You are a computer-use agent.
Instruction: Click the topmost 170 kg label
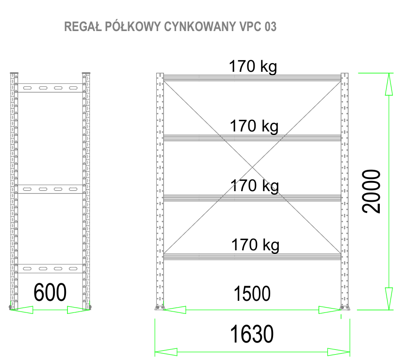pyautogui.click(x=253, y=66)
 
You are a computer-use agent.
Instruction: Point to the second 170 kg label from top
pyautogui.click(x=254, y=127)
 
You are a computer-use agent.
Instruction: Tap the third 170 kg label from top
pyautogui.click(x=254, y=186)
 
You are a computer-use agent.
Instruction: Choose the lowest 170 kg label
pyautogui.click(x=255, y=245)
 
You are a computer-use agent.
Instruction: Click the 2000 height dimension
pyautogui.click(x=373, y=191)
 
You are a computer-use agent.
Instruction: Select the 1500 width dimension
pyautogui.click(x=252, y=294)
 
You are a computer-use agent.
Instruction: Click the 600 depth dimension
pyautogui.click(x=49, y=293)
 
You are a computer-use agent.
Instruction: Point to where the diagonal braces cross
pyautogui.click(x=252, y=168)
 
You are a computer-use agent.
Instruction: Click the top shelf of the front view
pyautogui.click(x=252, y=78)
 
